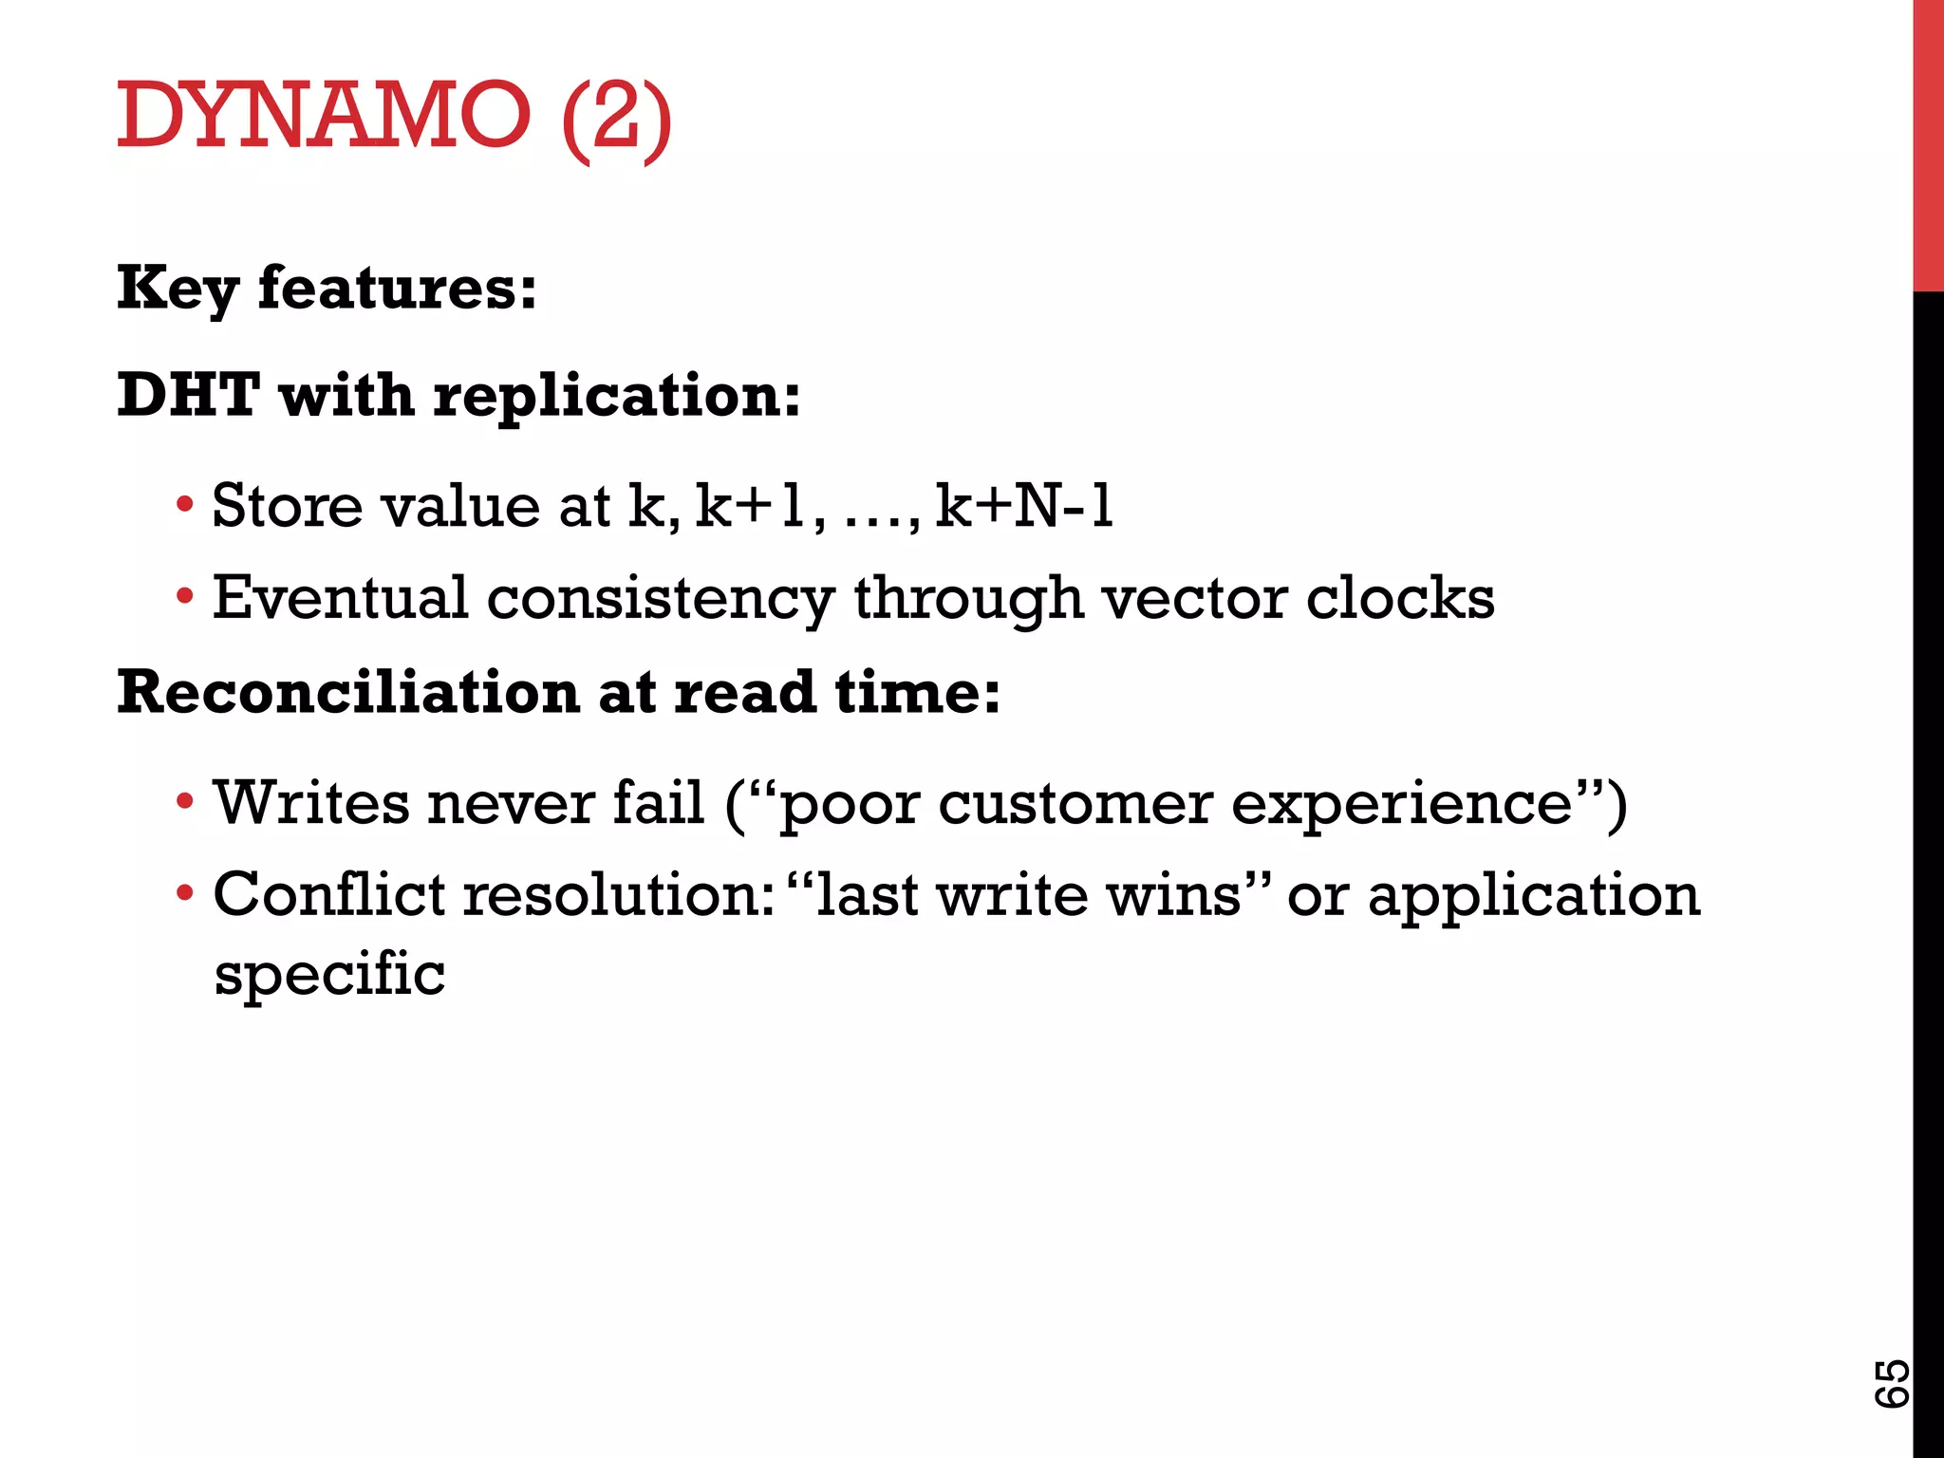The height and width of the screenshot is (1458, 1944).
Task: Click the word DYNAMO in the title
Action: pyautogui.click(x=323, y=115)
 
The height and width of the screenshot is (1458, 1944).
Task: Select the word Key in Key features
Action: pyautogui.click(x=178, y=289)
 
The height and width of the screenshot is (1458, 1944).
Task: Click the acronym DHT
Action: pyautogui.click(x=188, y=395)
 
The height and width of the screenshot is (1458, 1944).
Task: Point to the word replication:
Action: pyautogui.click(x=617, y=397)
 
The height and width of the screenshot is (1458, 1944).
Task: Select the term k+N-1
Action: pyautogui.click(x=1023, y=505)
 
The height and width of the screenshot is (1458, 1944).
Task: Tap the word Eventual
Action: pyautogui.click(x=340, y=598)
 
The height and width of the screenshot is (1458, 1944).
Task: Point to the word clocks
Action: pyautogui.click(x=1400, y=598)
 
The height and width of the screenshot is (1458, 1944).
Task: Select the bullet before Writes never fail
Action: pyautogui.click(x=185, y=802)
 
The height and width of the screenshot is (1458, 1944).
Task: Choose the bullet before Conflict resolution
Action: pyautogui.click(x=185, y=894)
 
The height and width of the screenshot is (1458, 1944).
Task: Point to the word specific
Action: pyautogui.click(x=329, y=975)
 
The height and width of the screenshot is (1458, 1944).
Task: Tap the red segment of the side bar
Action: pyautogui.click(x=1928, y=142)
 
